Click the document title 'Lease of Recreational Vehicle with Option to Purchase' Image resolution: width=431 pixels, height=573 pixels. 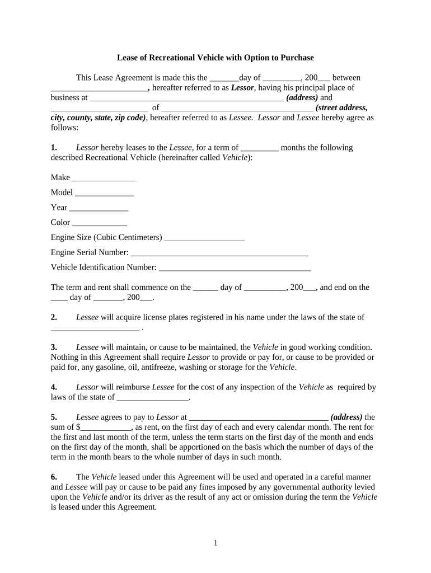(215, 58)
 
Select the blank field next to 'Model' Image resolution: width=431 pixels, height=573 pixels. (104, 194)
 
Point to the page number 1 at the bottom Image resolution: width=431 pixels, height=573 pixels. (215, 543)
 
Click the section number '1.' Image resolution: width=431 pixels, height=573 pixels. (54, 148)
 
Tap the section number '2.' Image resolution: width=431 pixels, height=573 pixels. (54, 317)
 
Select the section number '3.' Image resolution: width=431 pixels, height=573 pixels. (54, 347)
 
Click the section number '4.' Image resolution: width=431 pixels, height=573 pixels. (54, 387)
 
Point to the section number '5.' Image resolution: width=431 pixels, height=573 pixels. (54, 417)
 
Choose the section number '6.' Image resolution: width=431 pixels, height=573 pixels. (54, 477)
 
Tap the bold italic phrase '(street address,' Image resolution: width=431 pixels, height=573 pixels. (341, 107)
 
